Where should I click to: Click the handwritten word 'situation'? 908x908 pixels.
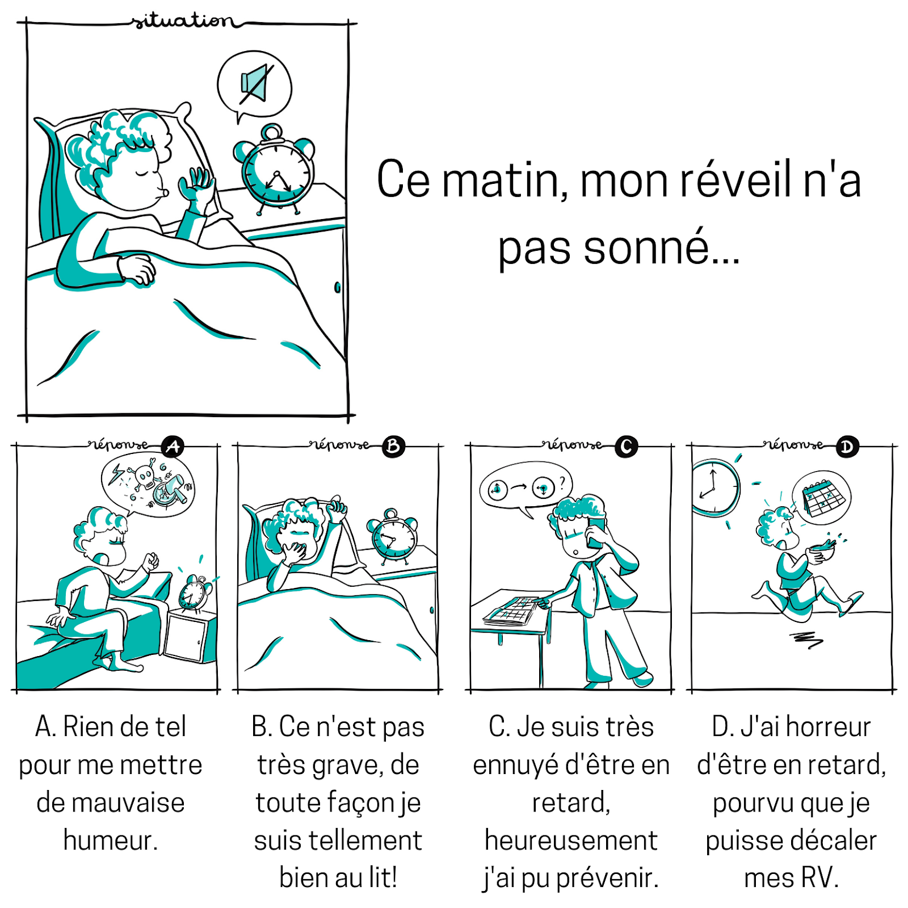coord(182,21)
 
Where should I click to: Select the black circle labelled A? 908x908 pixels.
coord(173,447)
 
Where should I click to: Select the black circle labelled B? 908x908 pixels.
coord(393,447)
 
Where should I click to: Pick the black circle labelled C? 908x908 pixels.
coord(626,447)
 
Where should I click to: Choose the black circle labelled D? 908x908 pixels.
coord(847,447)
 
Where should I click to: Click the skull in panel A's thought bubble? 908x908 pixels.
coord(144,477)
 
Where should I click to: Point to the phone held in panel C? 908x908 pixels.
coord(596,531)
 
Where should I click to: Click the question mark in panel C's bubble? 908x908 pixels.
coord(562,483)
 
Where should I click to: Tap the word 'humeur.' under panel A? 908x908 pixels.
coord(111,840)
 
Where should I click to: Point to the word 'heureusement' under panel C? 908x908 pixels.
coord(571,840)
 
